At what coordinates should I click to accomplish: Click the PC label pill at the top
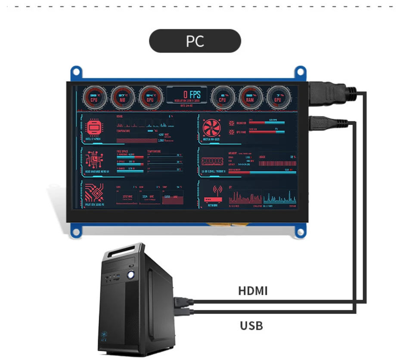195,41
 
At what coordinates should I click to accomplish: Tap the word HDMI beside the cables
253,291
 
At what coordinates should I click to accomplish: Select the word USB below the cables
251,325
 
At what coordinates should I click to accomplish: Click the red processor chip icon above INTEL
94,128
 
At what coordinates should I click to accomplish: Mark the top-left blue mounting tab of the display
77,72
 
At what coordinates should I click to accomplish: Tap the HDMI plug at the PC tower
181,301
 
